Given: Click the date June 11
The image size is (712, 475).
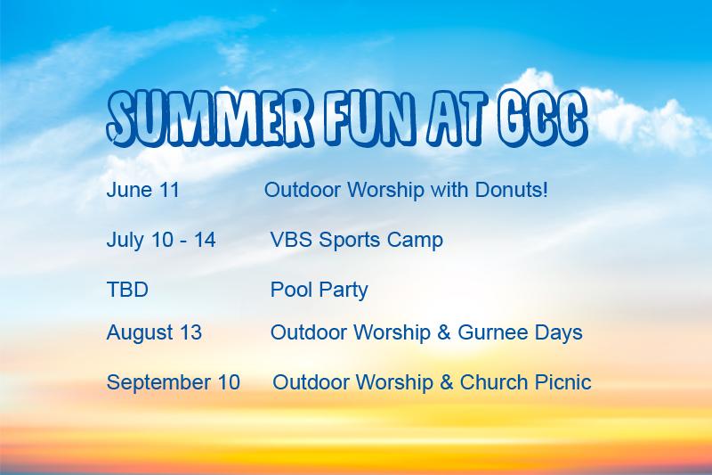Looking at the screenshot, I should pyautogui.click(x=142, y=191).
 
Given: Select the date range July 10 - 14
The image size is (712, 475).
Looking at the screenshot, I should pyautogui.click(x=160, y=241).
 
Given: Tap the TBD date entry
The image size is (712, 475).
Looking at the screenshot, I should pyautogui.click(x=126, y=290).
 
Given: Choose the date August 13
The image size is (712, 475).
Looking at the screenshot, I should pyautogui.click(x=154, y=333).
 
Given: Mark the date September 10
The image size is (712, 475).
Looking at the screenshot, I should pyautogui.click(x=173, y=383).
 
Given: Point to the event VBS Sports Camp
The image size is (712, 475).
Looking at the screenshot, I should pyautogui.click(x=356, y=241).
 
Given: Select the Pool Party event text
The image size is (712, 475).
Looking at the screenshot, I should pyautogui.click(x=319, y=290).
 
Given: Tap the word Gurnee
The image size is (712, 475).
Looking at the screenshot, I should pyautogui.click(x=494, y=333).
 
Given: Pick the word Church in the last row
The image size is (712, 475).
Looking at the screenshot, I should pyautogui.click(x=494, y=383).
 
